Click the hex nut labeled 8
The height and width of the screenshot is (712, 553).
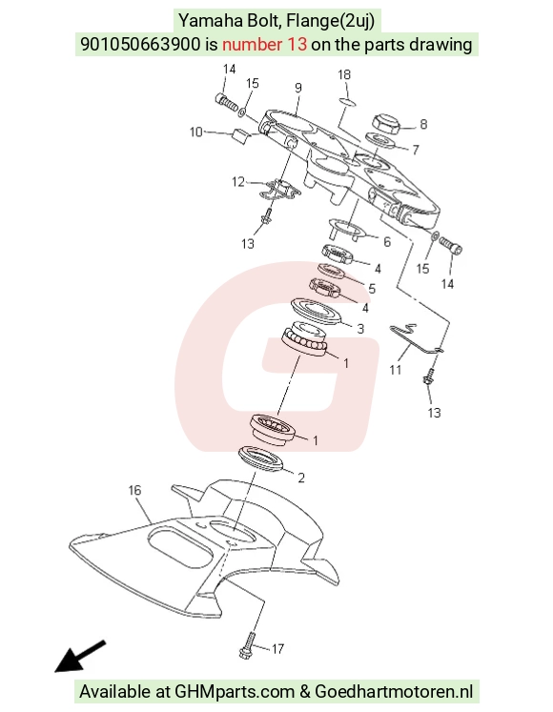[x=386, y=123]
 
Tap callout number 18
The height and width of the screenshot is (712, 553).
[x=344, y=74]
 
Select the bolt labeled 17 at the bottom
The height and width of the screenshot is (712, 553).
[x=248, y=645]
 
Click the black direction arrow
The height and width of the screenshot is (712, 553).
[x=80, y=656]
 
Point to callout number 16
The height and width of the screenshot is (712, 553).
[x=134, y=490]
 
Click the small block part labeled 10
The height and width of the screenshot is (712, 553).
[x=239, y=135]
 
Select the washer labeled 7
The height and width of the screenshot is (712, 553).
[x=379, y=140]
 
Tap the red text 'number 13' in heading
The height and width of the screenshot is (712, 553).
[x=264, y=45]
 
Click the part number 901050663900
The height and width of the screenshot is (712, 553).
[x=140, y=45]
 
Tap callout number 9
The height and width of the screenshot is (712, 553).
[x=298, y=88]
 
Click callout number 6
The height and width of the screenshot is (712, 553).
[x=387, y=241]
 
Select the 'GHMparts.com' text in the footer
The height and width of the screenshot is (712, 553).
[x=235, y=692]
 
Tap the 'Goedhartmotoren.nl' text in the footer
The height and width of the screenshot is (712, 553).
[x=394, y=692]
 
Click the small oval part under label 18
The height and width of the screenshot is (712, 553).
[x=347, y=101]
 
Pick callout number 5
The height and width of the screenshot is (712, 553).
[x=372, y=289]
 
